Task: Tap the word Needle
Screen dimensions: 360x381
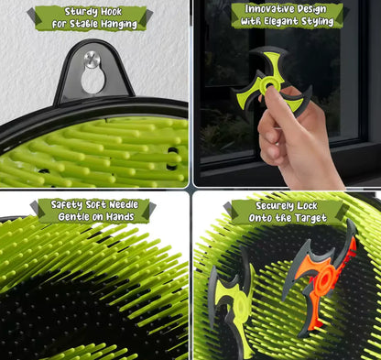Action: point(126,206)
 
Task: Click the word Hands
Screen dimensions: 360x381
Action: point(132,217)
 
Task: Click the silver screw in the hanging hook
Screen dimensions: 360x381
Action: point(91,60)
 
